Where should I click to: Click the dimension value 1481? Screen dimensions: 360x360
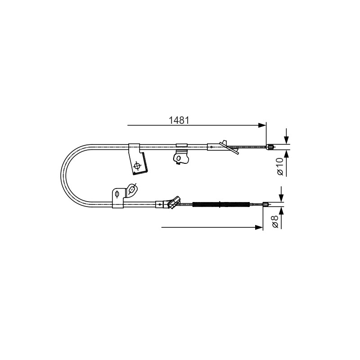click(179, 120)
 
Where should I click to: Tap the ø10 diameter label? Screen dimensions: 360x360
click(280, 166)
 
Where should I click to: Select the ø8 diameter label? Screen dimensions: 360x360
click(275, 221)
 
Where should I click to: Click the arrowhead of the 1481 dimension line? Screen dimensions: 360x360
click(262, 125)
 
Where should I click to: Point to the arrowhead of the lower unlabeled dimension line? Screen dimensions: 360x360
click(259, 227)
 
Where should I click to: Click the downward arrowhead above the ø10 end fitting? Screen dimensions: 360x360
click(286, 140)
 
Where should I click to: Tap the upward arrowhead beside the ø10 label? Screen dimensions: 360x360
click(286, 154)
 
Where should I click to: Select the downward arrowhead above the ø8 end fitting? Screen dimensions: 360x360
click(281, 198)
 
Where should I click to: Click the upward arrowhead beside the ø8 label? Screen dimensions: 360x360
click(281, 211)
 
